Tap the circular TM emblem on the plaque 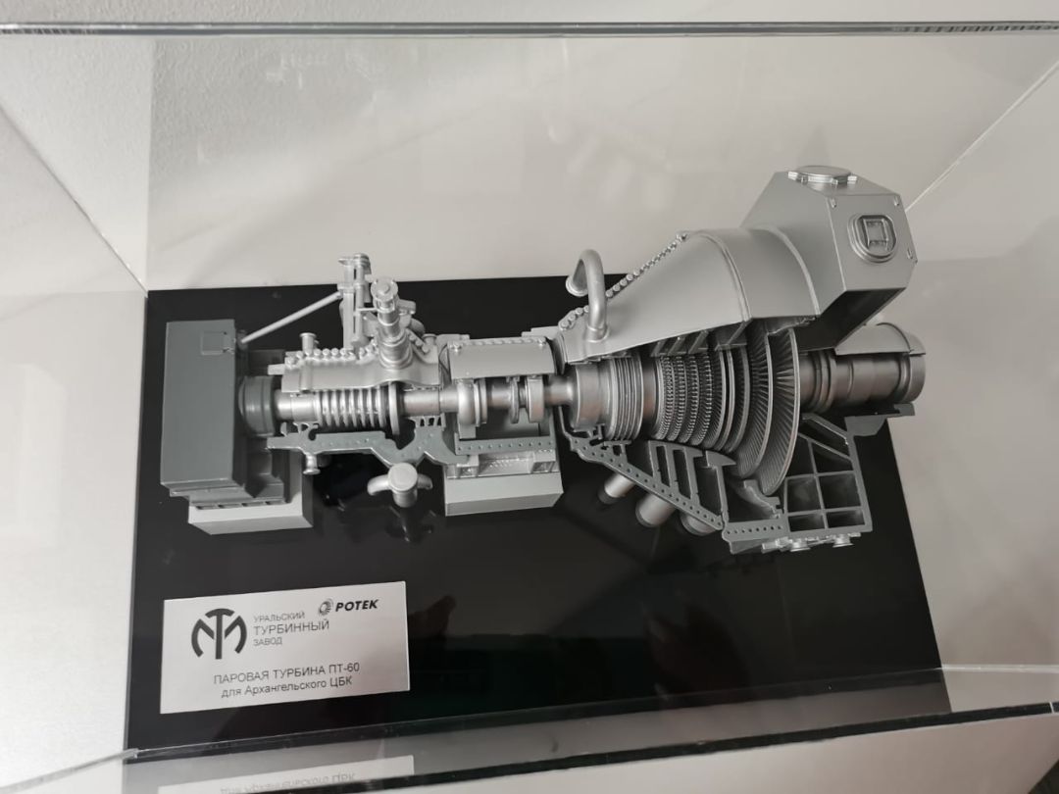218,632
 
